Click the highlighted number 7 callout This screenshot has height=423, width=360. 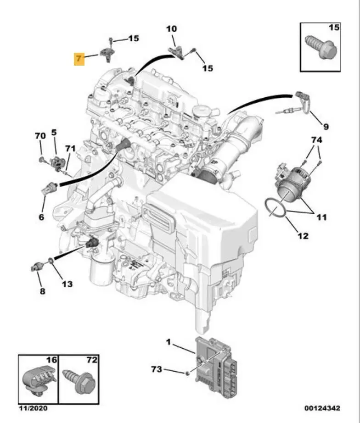point(79,59)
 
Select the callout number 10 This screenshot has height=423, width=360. point(171,29)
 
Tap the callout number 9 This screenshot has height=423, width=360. point(326,126)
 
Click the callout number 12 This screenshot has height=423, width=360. point(303,236)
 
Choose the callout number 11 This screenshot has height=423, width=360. point(321,217)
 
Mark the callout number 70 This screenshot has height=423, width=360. point(40,136)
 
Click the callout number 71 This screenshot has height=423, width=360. point(70,148)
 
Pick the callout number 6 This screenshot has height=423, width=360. point(41,217)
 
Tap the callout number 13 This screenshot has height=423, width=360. point(67,284)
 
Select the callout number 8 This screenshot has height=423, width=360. point(42,291)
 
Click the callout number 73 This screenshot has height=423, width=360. point(157,369)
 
